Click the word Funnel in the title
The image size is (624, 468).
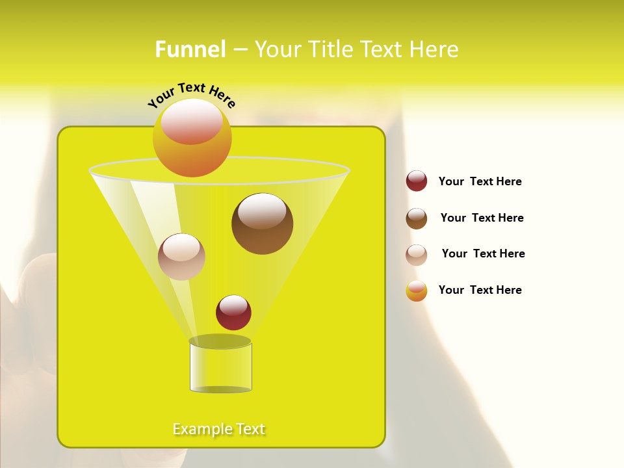click(x=190, y=49)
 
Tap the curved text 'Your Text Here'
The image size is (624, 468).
click(x=191, y=94)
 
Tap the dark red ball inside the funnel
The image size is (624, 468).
click(x=233, y=313)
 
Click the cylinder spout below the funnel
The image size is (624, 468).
click(x=220, y=365)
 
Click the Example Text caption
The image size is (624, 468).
click(x=219, y=429)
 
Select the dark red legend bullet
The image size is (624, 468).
click(x=417, y=181)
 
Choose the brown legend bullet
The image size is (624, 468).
click(x=417, y=218)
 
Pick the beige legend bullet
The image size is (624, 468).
click(x=417, y=255)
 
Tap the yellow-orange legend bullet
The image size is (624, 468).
click(x=417, y=291)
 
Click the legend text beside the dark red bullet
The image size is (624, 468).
click(x=480, y=182)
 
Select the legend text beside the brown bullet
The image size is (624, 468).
click(x=482, y=218)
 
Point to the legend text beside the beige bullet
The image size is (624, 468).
click(x=483, y=254)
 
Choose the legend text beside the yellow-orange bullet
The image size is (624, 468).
click(x=480, y=290)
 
